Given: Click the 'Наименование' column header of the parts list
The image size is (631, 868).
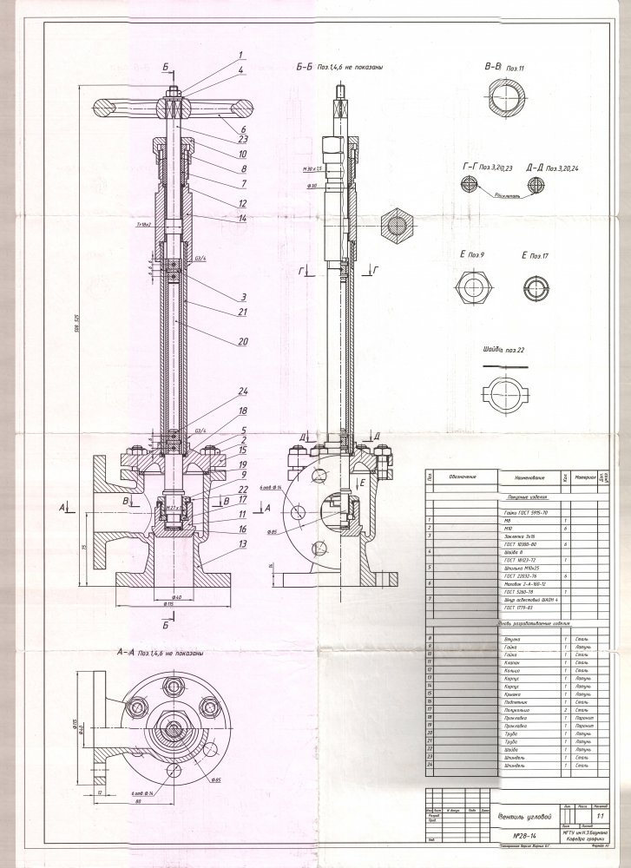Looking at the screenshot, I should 528,478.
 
